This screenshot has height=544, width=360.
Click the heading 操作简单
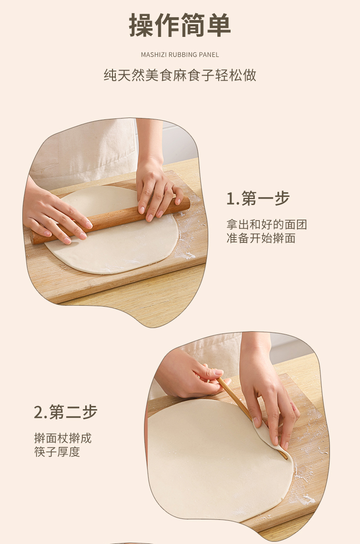tap(180, 26)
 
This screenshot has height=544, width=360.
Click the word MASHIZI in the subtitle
tap(154, 55)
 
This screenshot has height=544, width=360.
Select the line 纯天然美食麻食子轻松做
tap(180, 75)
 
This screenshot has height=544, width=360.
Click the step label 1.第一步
tap(258, 199)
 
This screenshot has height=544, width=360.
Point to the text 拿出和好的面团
tap(267, 225)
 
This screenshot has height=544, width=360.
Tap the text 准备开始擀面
tap(261, 238)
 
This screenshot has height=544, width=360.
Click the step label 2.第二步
tap(66, 412)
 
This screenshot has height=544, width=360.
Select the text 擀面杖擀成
tap(63, 438)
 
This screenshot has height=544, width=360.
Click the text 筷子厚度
tap(57, 452)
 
